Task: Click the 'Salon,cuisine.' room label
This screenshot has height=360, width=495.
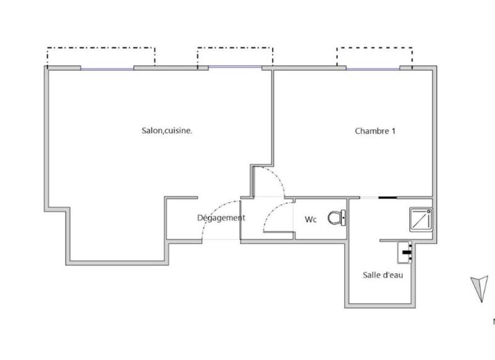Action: pyautogui.click(x=167, y=131)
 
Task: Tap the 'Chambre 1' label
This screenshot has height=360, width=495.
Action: pyautogui.click(x=375, y=131)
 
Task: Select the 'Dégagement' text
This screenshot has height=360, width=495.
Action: pyautogui.click(x=221, y=218)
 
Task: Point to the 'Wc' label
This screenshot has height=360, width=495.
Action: pyautogui.click(x=311, y=220)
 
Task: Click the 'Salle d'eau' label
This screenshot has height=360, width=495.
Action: pyautogui.click(x=382, y=275)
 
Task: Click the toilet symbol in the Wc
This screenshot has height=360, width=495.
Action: pyautogui.click(x=337, y=218)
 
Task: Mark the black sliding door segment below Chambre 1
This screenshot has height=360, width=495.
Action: pyautogui.click(x=387, y=198)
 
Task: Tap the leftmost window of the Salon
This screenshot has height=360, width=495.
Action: pyautogui.click(x=106, y=69)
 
